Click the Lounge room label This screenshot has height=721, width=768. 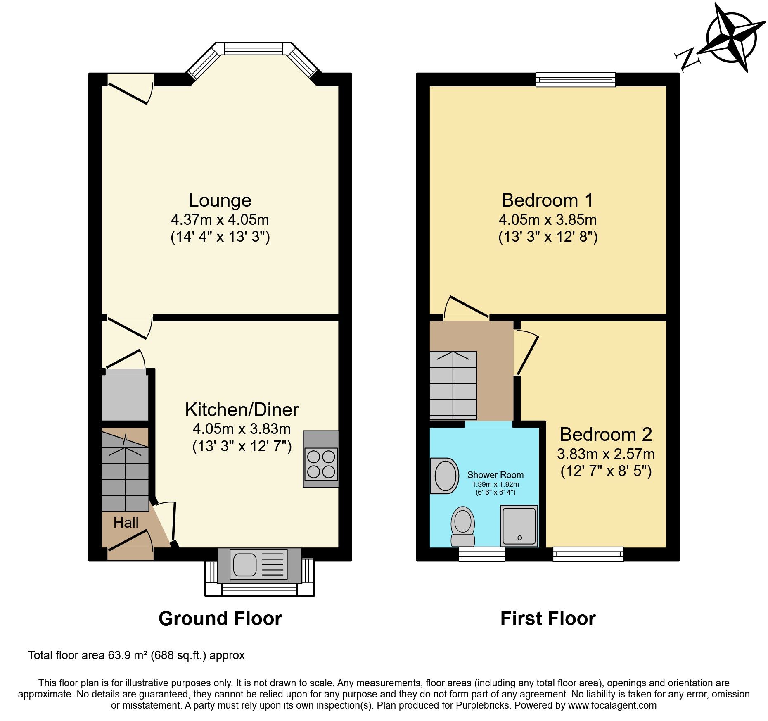pos(220,200)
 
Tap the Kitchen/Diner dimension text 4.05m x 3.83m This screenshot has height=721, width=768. pos(242,429)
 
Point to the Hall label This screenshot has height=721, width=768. pos(126,523)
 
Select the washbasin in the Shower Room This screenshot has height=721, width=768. pos(445,476)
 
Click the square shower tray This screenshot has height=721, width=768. pos(519,526)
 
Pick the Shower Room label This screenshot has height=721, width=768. pos(495,475)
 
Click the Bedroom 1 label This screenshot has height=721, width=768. pos(548,200)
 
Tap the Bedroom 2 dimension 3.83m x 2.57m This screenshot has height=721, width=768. pos(606,454)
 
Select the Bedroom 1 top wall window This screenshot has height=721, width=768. pos(576,79)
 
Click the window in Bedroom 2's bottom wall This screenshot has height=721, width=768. pos(588,554)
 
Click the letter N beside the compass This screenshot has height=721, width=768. pos(687,60)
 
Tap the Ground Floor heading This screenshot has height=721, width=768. pos(220,619)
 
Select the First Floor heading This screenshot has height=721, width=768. pos(548,619)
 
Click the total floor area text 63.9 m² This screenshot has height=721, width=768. pos(136,655)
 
